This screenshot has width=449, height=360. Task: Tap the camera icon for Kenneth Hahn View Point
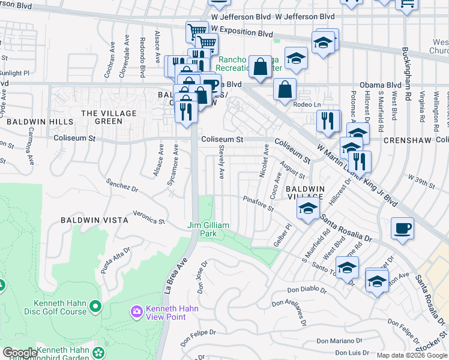click(137, 311)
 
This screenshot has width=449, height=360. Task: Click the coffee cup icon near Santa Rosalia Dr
click(402, 229)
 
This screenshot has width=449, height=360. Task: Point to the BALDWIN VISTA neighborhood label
click(94, 220)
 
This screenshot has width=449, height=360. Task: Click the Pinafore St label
click(258, 203)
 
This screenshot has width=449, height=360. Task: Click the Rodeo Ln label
click(307, 104)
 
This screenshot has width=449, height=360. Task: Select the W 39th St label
click(420, 178)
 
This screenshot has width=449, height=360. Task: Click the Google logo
click(20, 353)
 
